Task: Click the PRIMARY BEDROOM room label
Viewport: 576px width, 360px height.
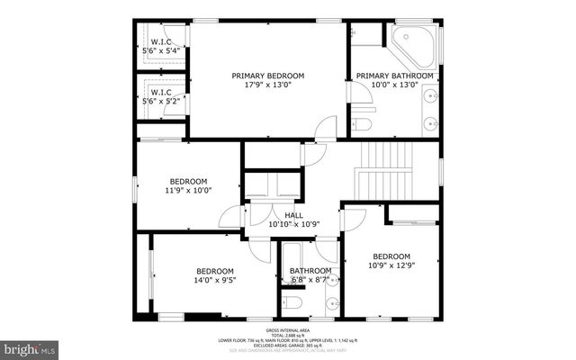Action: [x=268, y=76]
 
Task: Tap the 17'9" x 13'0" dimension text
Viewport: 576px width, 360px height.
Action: [x=268, y=86]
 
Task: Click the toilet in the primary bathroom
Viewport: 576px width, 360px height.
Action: [x=362, y=122]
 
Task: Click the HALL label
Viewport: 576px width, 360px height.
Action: [x=293, y=216]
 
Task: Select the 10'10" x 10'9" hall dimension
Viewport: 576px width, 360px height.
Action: [x=293, y=226]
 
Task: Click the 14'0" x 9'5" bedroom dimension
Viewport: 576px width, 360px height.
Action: [x=215, y=281]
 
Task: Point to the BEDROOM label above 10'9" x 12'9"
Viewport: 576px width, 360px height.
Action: [x=391, y=256]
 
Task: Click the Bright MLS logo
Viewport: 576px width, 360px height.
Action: [x=29, y=347]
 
